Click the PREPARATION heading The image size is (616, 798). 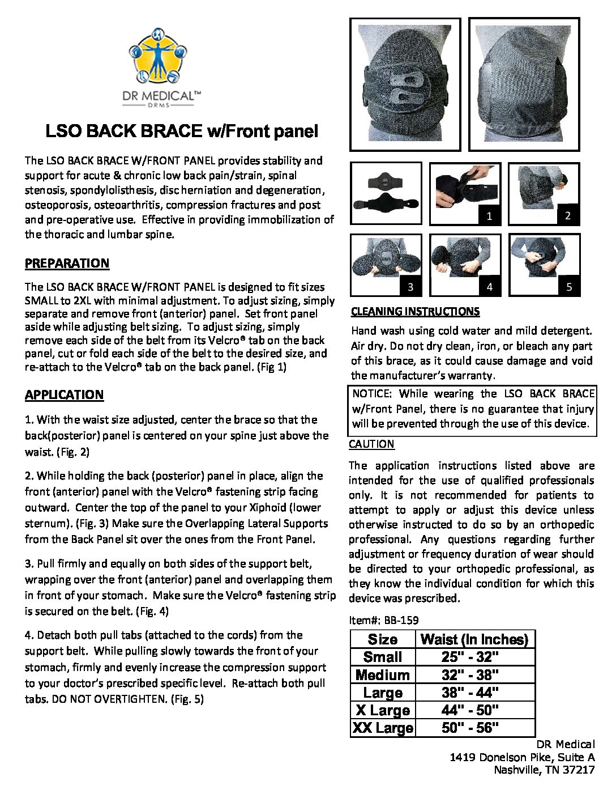[x=67, y=264]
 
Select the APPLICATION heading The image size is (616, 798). [x=64, y=395]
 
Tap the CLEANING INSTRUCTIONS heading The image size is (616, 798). [x=415, y=312]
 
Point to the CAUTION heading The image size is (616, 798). [x=371, y=444]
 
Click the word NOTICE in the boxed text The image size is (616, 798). [x=371, y=394]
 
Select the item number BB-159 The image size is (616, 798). [x=401, y=620]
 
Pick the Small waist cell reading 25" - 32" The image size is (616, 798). [x=470, y=657]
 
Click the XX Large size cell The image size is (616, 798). [x=383, y=728]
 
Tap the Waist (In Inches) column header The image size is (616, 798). [x=474, y=640]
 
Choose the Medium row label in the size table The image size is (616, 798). [x=383, y=675]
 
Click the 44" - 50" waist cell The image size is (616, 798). [x=470, y=710]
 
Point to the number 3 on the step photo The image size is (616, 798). [x=410, y=287]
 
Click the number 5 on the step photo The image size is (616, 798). [x=569, y=287]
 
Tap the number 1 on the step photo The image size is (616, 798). [x=490, y=216]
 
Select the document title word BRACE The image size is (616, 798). [x=170, y=131]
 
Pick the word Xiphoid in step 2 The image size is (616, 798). [x=301, y=508]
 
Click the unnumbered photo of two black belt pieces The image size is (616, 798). [x=386, y=194]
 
